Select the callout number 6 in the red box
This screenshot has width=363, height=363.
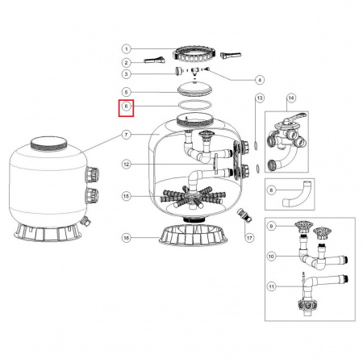coord(127,106)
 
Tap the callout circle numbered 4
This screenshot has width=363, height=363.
coord(259,79)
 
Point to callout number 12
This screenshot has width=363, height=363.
coord(127,165)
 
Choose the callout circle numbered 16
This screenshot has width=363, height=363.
coord(127,237)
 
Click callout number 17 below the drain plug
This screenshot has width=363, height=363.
coord(249,237)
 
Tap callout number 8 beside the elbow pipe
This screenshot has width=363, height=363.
coord(271,191)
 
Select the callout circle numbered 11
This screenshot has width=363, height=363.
coord(271,286)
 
